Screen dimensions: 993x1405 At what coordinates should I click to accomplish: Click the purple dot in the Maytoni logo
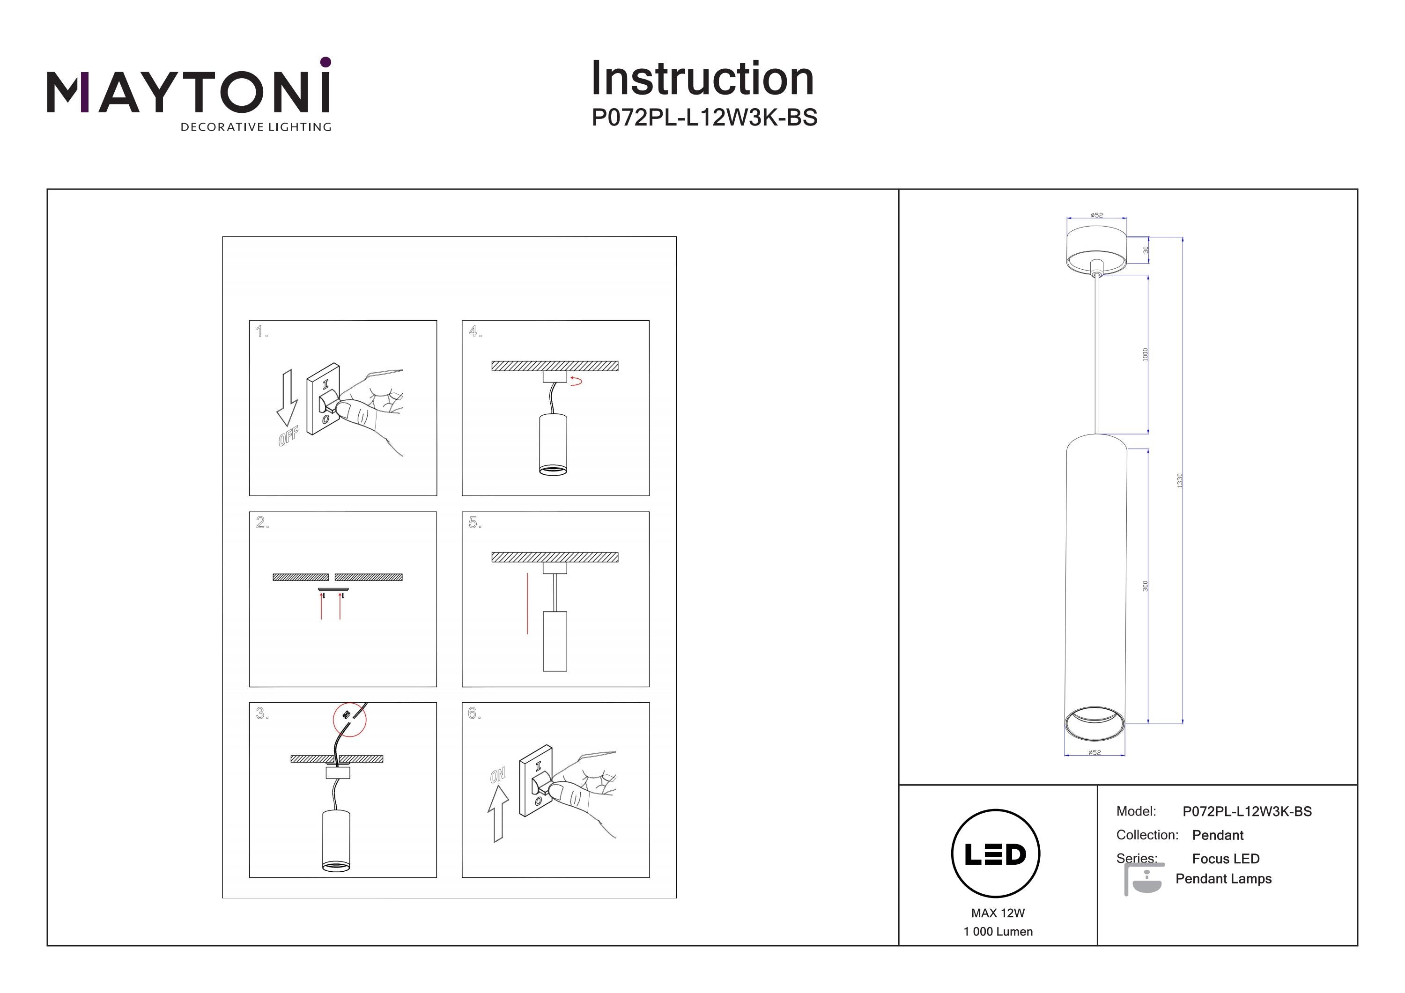click(325, 62)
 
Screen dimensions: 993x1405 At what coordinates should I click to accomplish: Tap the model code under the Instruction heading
click(704, 118)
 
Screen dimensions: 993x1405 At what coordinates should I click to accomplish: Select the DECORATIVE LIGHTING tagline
click(256, 127)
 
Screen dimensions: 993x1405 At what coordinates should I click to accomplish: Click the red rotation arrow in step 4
click(576, 381)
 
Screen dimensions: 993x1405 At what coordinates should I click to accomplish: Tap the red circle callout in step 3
click(349, 719)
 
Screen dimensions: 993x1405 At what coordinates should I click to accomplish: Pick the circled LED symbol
click(996, 854)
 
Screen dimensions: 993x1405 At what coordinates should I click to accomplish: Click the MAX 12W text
click(998, 913)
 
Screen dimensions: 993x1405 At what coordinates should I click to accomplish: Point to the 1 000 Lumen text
click(998, 932)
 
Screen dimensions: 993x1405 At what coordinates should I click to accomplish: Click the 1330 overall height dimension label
click(1180, 480)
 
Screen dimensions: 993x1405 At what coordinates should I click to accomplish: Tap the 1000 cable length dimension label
click(1146, 354)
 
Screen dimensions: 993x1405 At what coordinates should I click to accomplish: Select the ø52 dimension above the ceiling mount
click(1096, 215)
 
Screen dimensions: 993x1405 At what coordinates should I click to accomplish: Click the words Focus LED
click(1226, 859)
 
